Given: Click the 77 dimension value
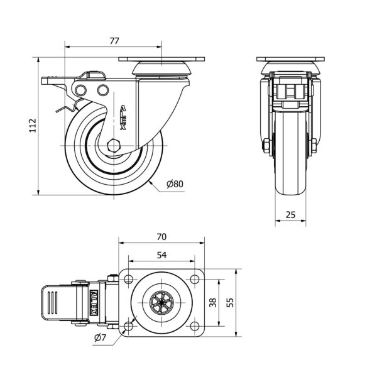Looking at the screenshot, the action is tap(114, 41).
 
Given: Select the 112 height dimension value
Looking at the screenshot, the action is tap(33, 125).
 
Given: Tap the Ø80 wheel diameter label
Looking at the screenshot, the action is tap(175, 184).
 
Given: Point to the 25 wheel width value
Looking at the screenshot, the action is tap(290, 215).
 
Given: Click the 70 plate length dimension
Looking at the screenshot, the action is tap(161, 237).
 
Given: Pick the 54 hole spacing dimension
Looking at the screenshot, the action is tap(161, 255).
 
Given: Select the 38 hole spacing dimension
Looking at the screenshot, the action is tap(213, 302).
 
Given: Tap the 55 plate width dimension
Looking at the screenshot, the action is tap(231, 302).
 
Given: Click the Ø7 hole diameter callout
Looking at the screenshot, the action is tap(100, 338).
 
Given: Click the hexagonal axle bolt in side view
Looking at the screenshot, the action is tap(113, 146).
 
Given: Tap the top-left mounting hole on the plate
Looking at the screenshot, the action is tap(129, 280).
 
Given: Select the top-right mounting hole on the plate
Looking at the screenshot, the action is tap(195, 280).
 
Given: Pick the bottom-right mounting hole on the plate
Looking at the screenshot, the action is tap(195, 326).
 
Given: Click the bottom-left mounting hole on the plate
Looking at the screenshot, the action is tap(129, 326).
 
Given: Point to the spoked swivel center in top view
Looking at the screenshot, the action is tap(161, 302).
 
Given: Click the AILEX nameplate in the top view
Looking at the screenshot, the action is tap(94, 302).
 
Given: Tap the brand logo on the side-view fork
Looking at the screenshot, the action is tap(123, 117).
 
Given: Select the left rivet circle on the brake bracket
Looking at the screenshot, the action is tap(80, 90).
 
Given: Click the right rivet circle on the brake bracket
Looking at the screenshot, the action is tap(103, 90).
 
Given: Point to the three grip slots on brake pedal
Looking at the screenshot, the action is tap(52, 302).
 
